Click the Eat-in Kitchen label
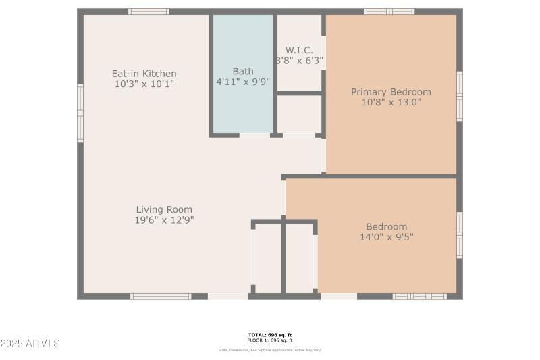pyautogui.click(x=144, y=74)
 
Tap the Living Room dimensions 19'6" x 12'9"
pyautogui.click(x=164, y=220)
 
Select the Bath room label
pyautogui.click(x=242, y=71)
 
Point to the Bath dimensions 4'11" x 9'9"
pyautogui.click(x=242, y=82)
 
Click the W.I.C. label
pyautogui.click(x=299, y=50)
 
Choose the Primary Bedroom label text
pyautogui.click(x=390, y=92)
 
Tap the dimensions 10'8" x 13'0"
pyautogui.click(x=390, y=103)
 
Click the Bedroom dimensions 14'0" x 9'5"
pyautogui.click(x=386, y=237)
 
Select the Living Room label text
pyautogui.click(x=164, y=209)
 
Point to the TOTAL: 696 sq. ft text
pyautogui.click(x=269, y=335)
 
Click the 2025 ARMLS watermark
pyautogui.click(x=30, y=344)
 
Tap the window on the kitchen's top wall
pyautogui.click(x=148, y=11)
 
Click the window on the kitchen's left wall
pyautogui.click(x=80, y=113)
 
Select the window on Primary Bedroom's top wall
pyautogui.click(x=389, y=11)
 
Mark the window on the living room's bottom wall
pyautogui.click(x=161, y=296)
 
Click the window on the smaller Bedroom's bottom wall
pyautogui.click(x=419, y=296)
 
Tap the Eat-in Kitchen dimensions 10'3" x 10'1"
pyautogui.click(x=144, y=84)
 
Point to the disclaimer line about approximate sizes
pyautogui.click(x=269, y=350)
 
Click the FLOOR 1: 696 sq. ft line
pyautogui.click(x=269, y=340)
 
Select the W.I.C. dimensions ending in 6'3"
pyautogui.click(x=299, y=60)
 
